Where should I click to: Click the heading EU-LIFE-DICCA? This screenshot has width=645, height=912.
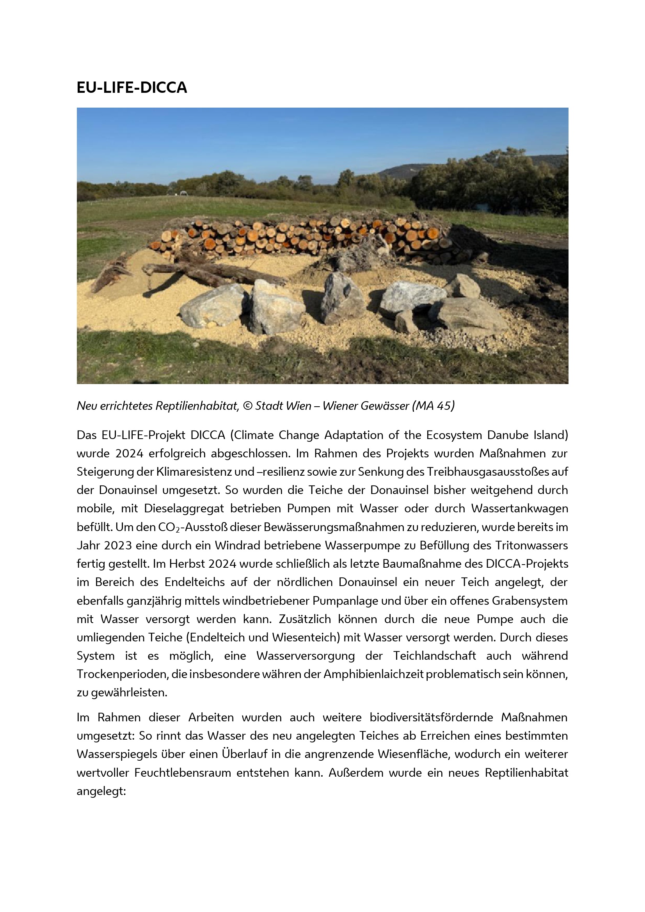pyautogui.click(x=131, y=87)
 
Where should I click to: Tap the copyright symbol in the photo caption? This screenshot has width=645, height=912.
pyautogui.click(x=248, y=406)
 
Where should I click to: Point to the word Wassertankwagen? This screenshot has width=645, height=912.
pyautogui.click(x=519, y=508)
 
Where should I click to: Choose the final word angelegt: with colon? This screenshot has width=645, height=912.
pyautogui.click(x=101, y=791)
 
